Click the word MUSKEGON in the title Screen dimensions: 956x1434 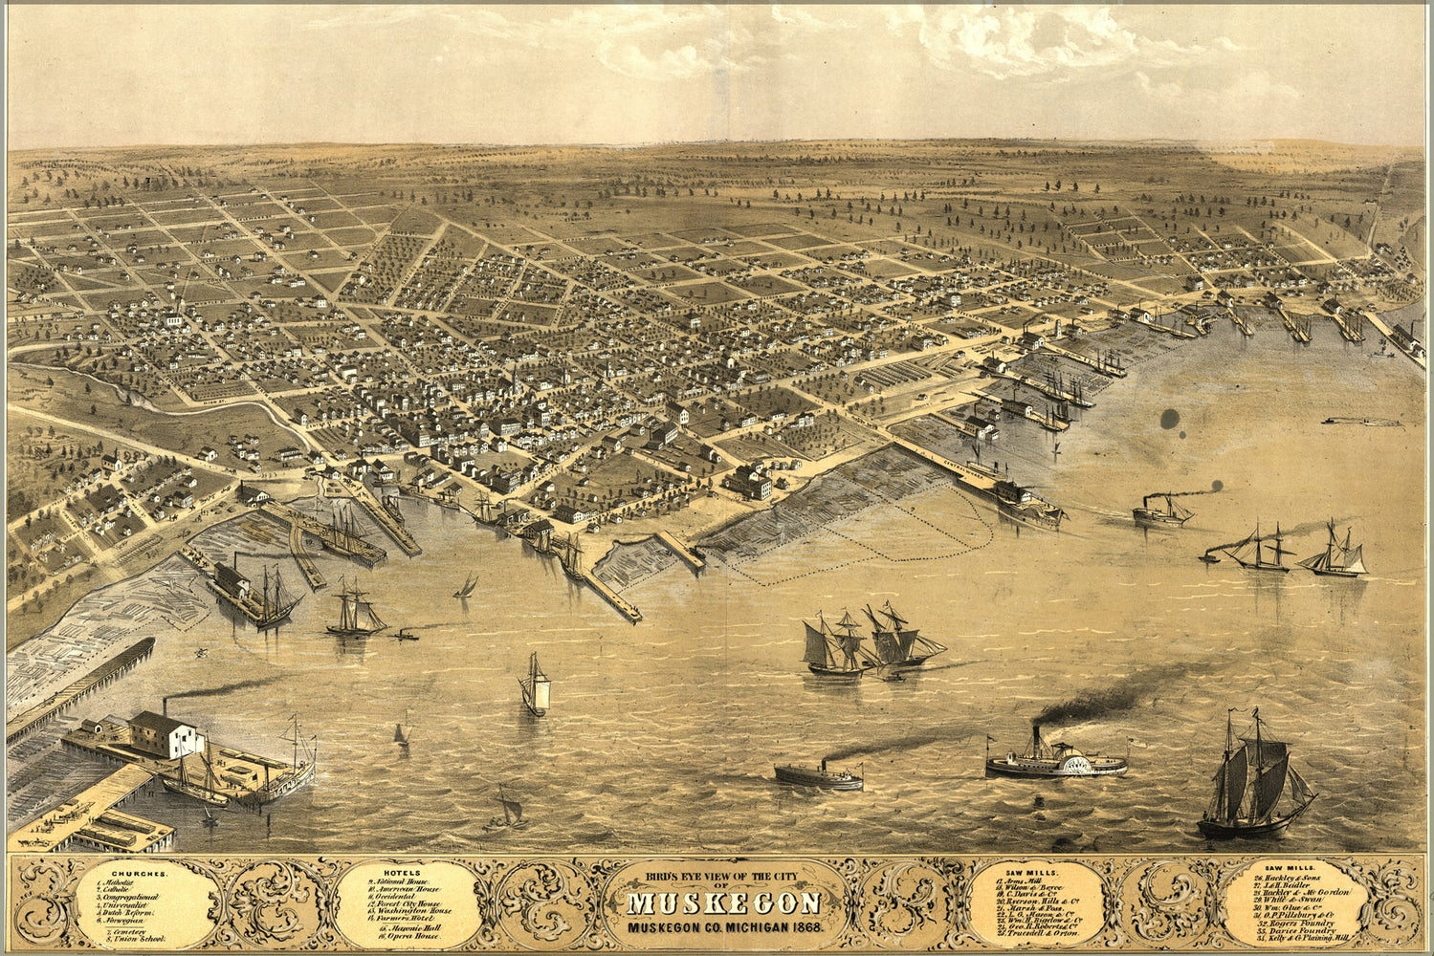(724, 904)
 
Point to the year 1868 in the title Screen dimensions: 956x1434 (804, 927)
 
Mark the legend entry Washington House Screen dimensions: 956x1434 (414, 911)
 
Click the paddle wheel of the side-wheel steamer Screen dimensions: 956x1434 (1080, 764)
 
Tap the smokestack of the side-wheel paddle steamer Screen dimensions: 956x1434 (1036, 741)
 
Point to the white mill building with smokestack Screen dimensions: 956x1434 (164, 733)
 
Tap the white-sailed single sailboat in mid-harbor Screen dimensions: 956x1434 (536, 685)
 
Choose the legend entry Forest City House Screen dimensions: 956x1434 (408, 902)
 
